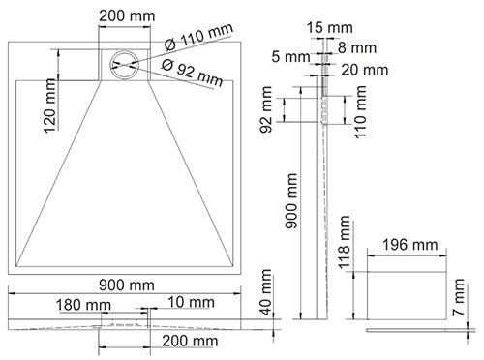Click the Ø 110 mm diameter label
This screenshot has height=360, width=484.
point(198,37)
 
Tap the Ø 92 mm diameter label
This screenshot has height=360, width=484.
point(193,73)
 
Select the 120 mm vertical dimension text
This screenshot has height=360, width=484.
point(50,105)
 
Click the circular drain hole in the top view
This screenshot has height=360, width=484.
point(124,65)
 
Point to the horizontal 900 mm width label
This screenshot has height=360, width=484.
point(127,285)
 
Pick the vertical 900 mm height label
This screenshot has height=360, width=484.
point(291,200)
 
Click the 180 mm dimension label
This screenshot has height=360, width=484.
point(83,305)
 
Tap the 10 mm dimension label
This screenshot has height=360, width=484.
point(191,303)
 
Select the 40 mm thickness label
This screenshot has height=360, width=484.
point(266,292)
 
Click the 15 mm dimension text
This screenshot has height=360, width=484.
point(329,28)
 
